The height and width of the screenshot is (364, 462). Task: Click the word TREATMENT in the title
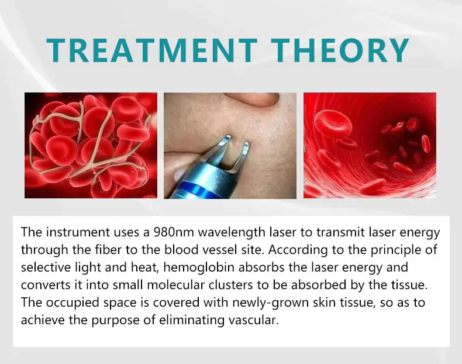pos(154,50)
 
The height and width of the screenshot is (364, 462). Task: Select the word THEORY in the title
pos(340,50)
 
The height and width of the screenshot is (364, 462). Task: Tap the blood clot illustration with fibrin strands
pos(91,145)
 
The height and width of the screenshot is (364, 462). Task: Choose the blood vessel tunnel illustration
pos(370,145)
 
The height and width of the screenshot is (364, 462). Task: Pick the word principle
pos(404,250)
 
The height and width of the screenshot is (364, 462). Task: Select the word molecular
pos(162,285)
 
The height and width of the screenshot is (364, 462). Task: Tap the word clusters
pos(219,285)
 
